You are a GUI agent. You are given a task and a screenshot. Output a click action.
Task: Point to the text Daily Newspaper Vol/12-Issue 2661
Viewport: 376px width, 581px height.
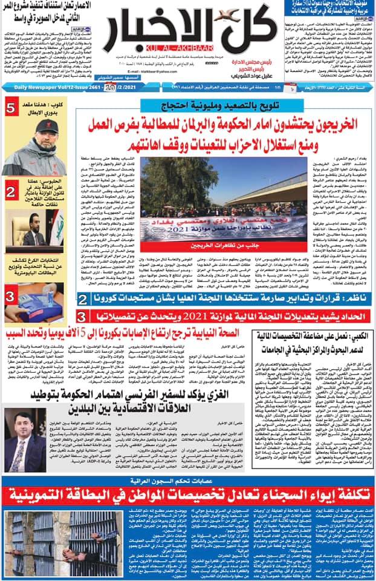pos(42,88)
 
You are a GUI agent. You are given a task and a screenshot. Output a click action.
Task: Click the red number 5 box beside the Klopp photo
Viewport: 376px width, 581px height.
pos(11,109)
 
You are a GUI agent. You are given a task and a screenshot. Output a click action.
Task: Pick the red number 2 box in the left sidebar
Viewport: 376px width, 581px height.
pos(10,192)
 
